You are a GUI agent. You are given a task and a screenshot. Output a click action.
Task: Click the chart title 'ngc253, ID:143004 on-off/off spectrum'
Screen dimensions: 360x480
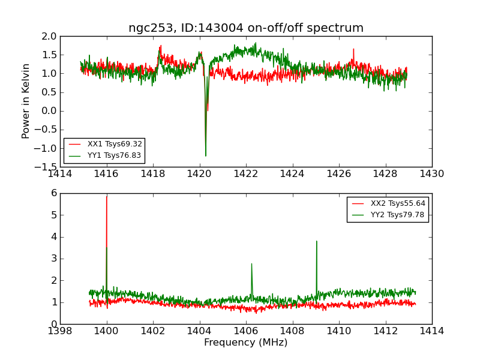(x=246, y=28)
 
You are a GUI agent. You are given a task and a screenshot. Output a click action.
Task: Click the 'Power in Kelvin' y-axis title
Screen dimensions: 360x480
(x=26, y=101)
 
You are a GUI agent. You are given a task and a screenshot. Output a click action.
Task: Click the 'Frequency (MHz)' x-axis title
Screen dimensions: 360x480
(x=246, y=343)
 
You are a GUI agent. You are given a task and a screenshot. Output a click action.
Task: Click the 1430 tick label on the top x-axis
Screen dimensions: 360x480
(x=432, y=174)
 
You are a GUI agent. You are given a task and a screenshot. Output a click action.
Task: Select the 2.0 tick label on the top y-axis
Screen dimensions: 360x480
(x=50, y=37)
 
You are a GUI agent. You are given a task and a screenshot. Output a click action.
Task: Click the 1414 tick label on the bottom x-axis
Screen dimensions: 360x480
(x=432, y=331)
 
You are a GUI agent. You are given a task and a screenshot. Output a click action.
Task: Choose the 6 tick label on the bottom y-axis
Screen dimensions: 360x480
(x=53, y=193)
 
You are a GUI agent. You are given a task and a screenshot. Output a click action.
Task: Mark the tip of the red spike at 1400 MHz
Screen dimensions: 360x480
(x=107, y=196)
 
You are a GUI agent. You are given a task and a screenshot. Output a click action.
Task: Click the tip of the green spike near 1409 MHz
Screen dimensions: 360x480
(x=316, y=241)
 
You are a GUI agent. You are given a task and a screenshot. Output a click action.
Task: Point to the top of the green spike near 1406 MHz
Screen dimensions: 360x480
(x=251, y=263)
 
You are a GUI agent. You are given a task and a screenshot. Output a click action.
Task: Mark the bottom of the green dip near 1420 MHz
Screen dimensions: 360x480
(x=205, y=156)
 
